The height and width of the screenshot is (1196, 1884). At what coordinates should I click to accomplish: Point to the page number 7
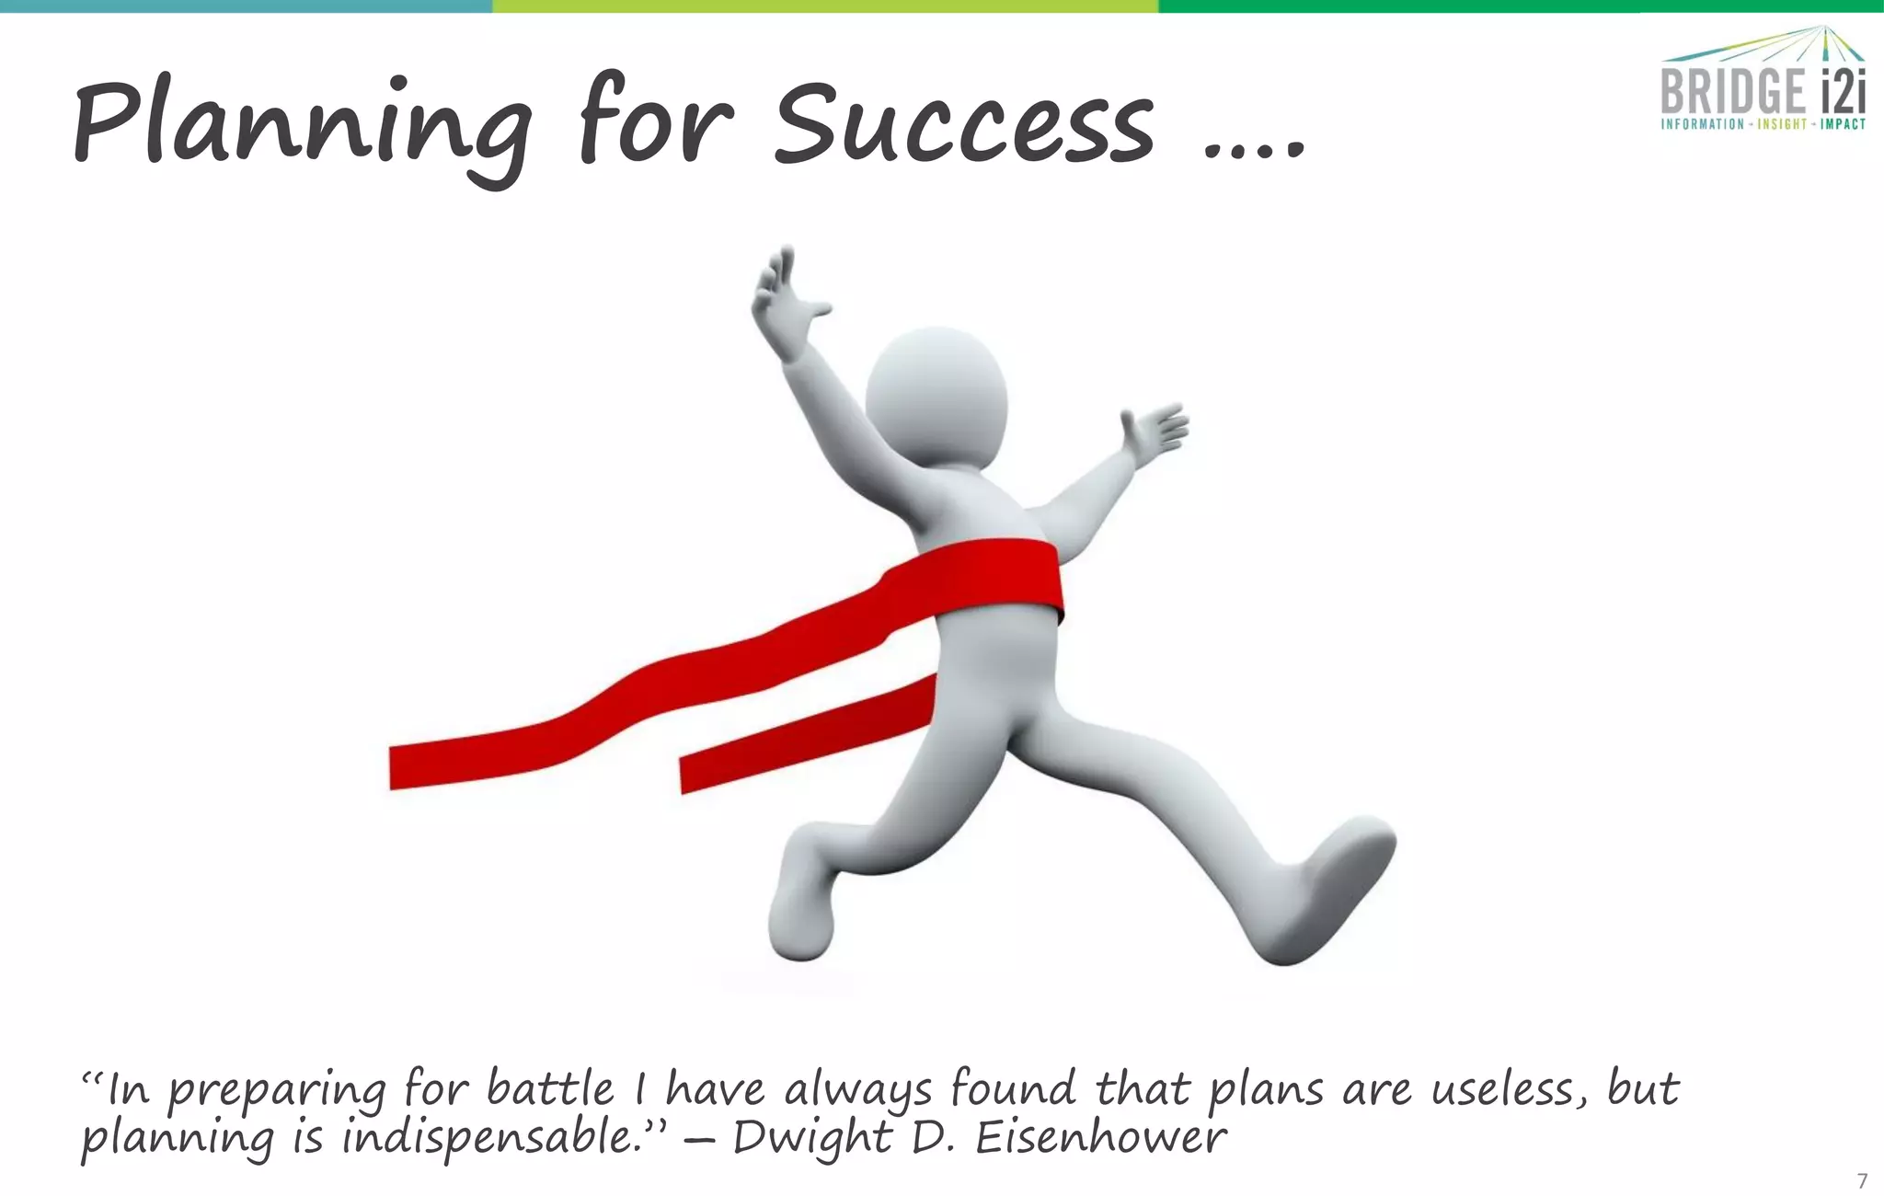1862,1180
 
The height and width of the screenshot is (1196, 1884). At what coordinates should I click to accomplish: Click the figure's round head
936,396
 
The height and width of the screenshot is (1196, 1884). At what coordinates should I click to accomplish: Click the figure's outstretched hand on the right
1155,431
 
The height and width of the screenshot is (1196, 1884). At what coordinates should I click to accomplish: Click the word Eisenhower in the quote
1100,1139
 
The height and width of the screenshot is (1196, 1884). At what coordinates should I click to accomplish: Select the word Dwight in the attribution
811,1139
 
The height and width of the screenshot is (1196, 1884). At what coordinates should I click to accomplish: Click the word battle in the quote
549,1090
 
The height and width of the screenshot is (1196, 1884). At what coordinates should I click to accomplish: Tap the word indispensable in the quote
491,1139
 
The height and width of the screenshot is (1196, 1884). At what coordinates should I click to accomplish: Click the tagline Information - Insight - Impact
1763,124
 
